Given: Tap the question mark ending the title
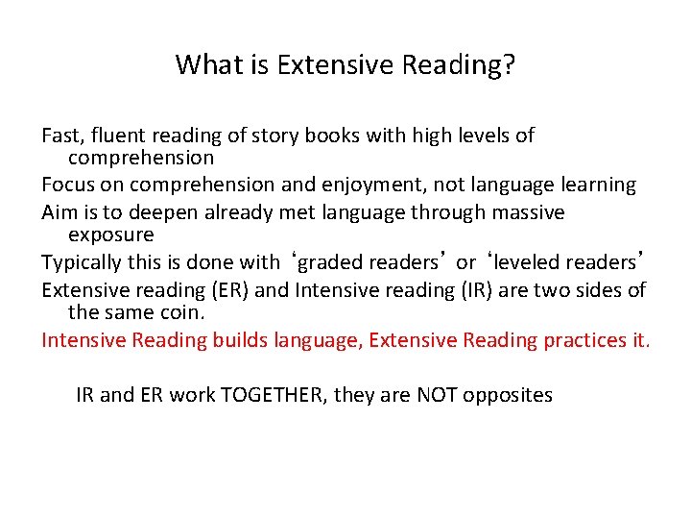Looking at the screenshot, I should [x=510, y=65].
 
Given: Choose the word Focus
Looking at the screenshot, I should [x=67, y=185].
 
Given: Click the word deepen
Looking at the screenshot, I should [x=146, y=211].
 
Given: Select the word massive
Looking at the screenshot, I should [x=527, y=211].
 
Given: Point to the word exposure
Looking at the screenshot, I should [x=110, y=235].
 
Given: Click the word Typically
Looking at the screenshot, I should [x=84, y=262].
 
